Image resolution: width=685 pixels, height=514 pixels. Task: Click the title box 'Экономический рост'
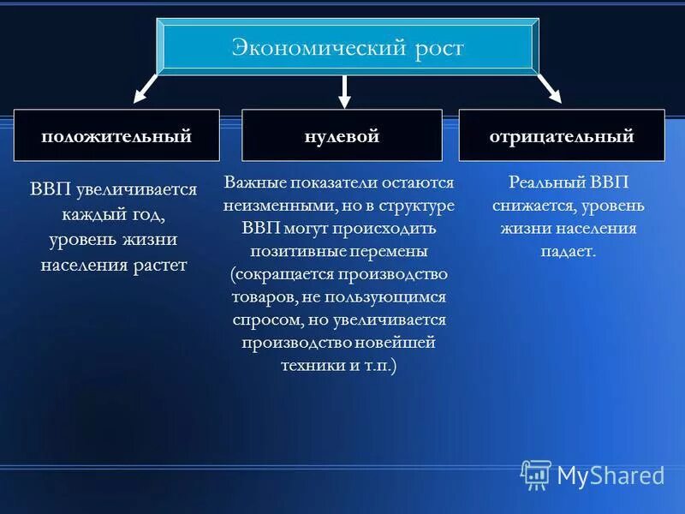(x=348, y=47)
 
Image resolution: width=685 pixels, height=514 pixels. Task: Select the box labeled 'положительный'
(x=116, y=135)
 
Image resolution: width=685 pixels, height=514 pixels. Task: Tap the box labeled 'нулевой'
(x=342, y=135)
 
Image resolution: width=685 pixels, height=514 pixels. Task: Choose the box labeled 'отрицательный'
(x=562, y=135)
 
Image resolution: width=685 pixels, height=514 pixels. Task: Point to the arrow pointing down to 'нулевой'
(x=344, y=91)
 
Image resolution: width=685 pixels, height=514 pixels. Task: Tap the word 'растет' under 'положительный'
(x=159, y=265)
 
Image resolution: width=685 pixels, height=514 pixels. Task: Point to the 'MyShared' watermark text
(x=611, y=475)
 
